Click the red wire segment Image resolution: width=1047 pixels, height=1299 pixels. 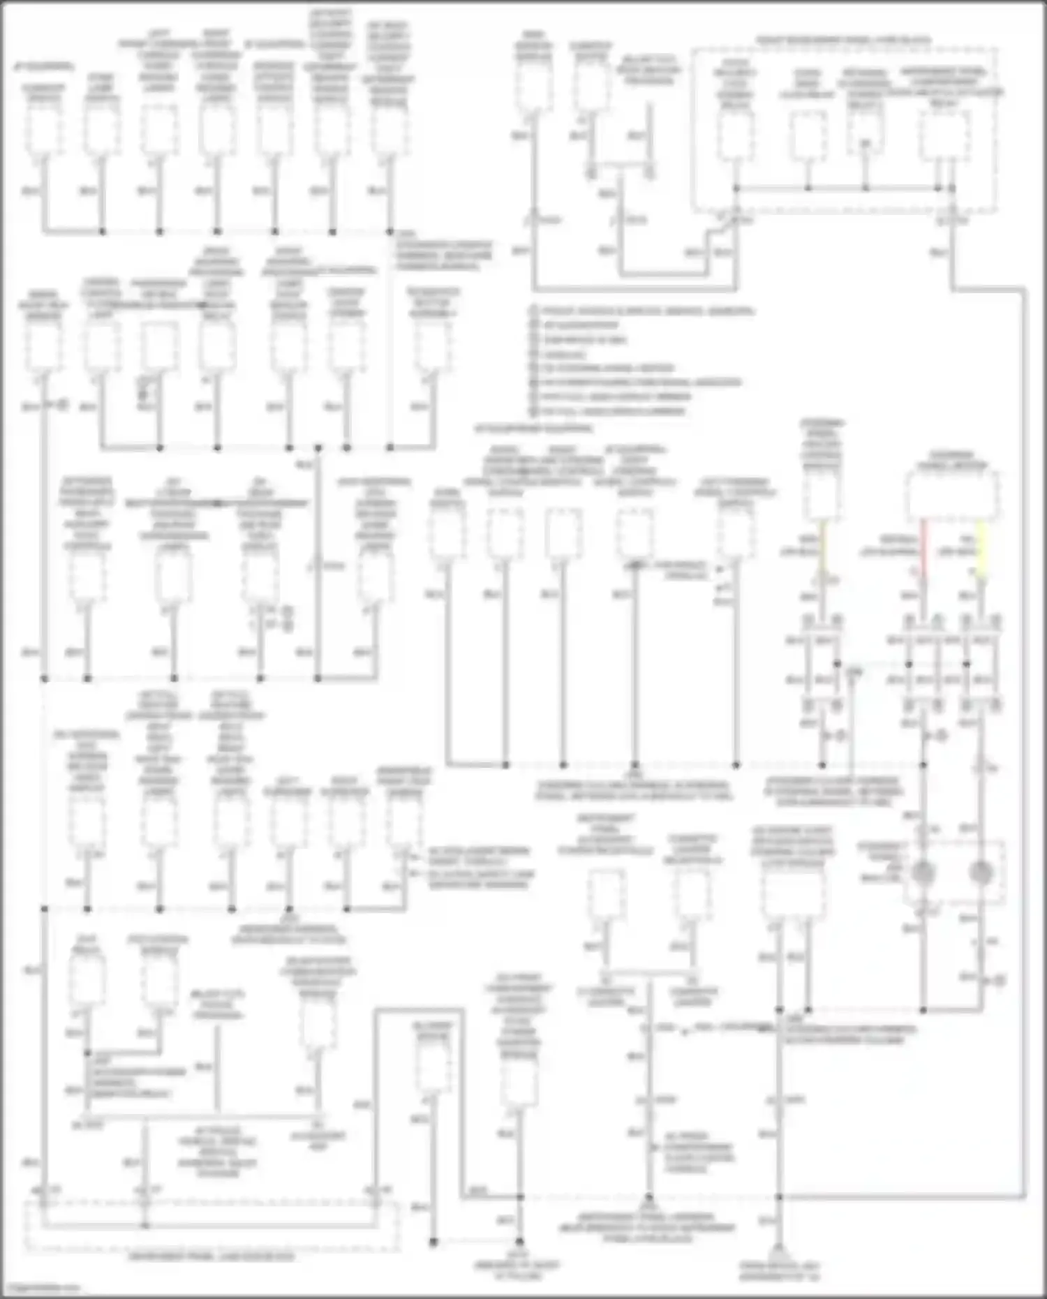924,549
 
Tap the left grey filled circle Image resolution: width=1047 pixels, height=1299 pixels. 924,872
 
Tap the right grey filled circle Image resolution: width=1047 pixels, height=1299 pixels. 982,872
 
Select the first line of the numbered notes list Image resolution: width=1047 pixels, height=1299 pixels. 642,311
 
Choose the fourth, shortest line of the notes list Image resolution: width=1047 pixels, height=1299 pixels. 558,355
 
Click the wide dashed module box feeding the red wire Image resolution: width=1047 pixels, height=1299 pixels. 952,496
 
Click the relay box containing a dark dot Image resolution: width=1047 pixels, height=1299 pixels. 865,133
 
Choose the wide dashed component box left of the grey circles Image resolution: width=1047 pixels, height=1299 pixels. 793,894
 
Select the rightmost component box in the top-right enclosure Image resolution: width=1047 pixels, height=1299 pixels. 943,134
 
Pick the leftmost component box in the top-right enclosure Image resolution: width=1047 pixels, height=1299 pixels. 736,134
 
